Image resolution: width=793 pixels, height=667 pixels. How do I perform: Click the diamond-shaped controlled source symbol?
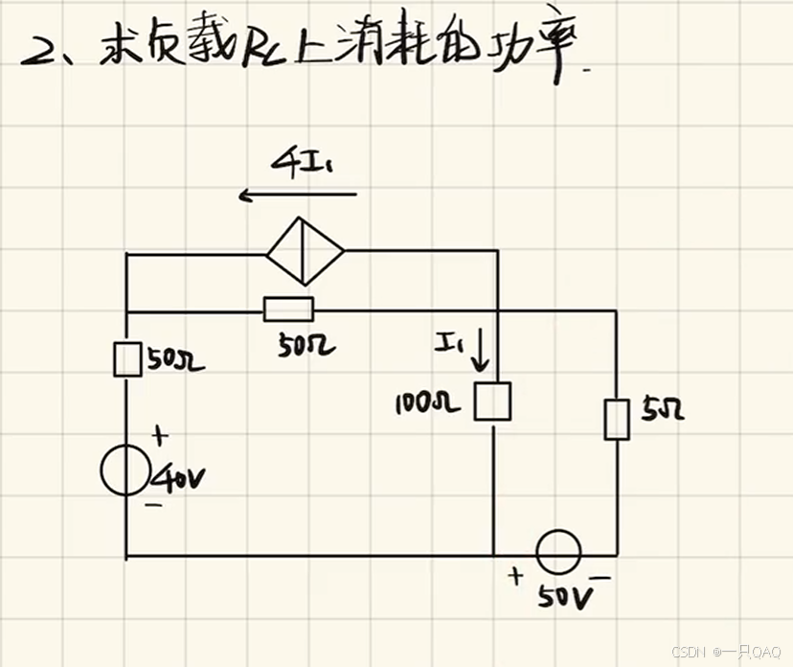pyautogui.click(x=305, y=251)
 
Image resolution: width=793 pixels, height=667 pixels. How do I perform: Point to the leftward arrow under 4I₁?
pyautogui.click(x=297, y=195)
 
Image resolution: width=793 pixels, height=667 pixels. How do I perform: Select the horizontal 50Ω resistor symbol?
pyautogui.click(x=287, y=309)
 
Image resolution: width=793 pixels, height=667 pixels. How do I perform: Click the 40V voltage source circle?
pyautogui.click(x=125, y=471)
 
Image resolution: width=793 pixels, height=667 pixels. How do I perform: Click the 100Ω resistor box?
pyautogui.click(x=493, y=402)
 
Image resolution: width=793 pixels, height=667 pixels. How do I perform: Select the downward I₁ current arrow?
pyautogui.click(x=480, y=355)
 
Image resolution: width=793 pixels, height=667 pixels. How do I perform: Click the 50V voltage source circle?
pyautogui.click(x=557, y=554)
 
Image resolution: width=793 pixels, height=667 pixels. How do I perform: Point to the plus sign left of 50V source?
pyautogui.click(x=517, y=576)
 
